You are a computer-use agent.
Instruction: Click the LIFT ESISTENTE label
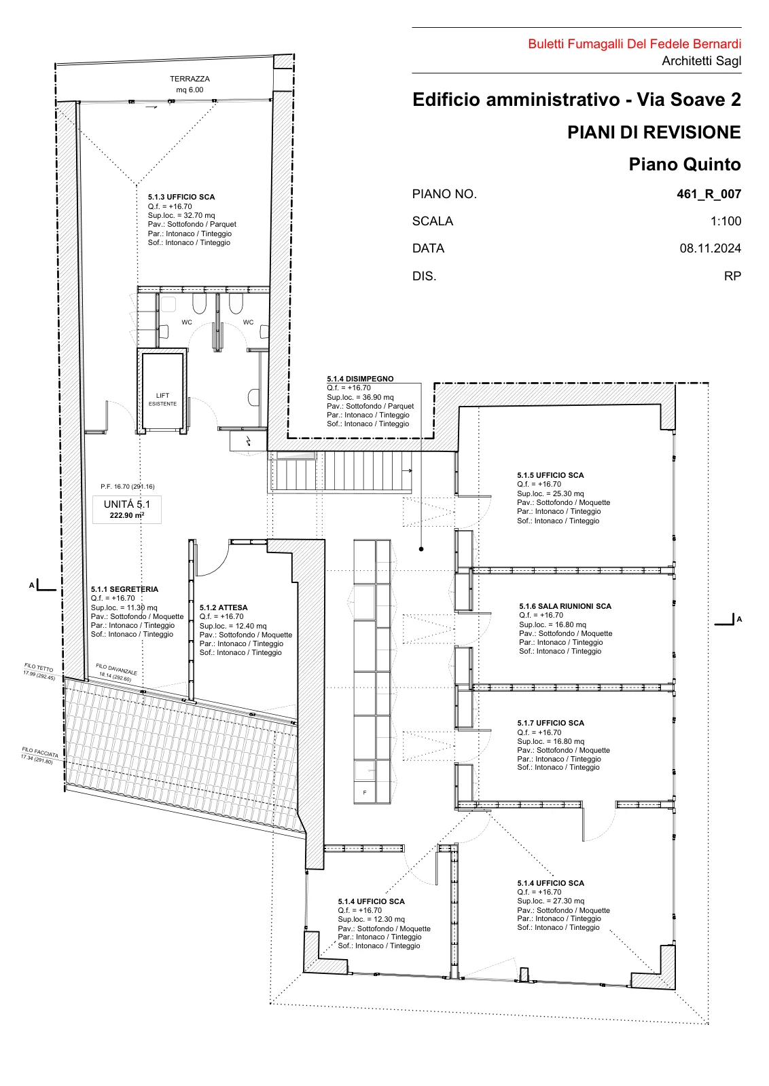point(162,400)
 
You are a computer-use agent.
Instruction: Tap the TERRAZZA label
point(190,79)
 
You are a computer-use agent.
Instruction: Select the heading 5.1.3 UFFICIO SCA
point(181,197)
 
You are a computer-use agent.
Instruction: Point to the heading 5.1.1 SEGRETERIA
point(124,589)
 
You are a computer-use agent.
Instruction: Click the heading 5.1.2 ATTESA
point(223,607)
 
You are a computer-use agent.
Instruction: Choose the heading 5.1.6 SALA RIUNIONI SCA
point(565,606)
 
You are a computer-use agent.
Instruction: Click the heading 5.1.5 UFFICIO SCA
point(550,475)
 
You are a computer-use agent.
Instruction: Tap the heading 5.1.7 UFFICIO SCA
point(550,723)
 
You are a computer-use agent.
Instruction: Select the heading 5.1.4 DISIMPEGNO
point(360,379)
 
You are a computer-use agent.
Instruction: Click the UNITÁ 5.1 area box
point(127,510)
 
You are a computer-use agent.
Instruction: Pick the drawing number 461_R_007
point(709,194)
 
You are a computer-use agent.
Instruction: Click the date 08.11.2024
point(711,248)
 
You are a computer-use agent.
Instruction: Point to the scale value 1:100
point(726,221)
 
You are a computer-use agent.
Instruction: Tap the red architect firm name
point(634,44)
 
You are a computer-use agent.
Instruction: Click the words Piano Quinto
point(685,164)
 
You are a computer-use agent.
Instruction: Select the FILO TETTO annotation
point(40,671)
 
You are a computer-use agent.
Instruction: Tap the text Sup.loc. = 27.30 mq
point(551,901)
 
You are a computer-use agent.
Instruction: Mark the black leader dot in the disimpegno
point(421,549)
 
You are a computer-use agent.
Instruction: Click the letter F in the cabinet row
point(365,793)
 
